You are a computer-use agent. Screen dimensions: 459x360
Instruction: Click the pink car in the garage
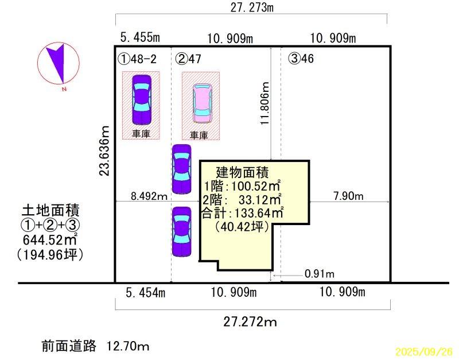tap(201, 103)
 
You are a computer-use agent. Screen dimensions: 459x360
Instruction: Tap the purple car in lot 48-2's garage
tap(142, 99)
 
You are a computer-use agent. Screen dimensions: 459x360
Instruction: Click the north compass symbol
tap(59, 63)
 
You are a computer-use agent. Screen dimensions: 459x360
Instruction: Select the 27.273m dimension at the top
tap(252, 7)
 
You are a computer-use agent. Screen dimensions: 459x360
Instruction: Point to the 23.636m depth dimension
tap(104, 150)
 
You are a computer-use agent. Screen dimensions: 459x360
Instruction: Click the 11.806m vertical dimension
tap(264, 103)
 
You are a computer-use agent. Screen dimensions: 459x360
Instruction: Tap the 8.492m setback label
tap(149, 196)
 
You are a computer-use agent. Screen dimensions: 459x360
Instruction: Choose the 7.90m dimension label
tap(348, 196)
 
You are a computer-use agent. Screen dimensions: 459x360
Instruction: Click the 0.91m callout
tap(320, 274)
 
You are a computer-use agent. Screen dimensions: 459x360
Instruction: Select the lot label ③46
tap(301, 59)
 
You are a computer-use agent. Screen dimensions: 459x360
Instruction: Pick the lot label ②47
tap(188, 59)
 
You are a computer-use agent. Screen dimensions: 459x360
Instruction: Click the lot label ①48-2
tap(137, 59)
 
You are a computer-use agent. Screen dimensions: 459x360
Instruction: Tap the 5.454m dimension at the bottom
tap(146, 293)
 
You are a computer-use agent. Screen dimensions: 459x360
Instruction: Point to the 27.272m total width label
tap(250, 322)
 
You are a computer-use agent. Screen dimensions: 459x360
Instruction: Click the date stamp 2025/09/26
tap(424, 351)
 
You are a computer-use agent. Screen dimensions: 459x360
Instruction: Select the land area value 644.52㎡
tap(50, 240)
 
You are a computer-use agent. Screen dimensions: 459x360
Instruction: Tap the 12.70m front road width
tap(127, 347)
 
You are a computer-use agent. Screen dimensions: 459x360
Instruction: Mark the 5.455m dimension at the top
tap(140, 37)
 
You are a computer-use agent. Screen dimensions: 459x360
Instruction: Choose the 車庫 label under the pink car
tap(199, 135)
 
